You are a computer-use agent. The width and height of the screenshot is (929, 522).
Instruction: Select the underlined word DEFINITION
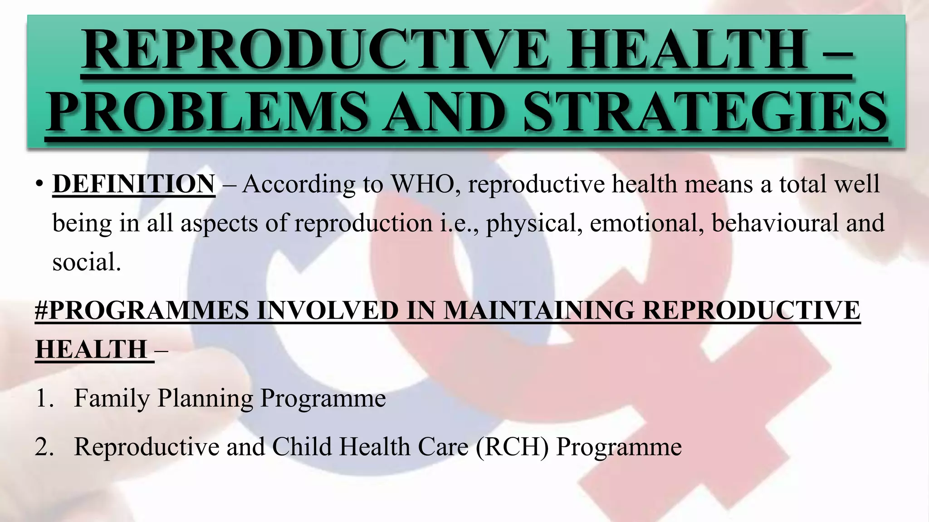pos(134,184)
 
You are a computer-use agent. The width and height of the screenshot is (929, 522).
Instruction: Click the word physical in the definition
pos(534,223)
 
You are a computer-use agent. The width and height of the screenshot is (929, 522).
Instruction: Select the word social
pos(87,262)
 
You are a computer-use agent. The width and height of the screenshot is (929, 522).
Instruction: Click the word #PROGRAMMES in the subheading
pos(142,310)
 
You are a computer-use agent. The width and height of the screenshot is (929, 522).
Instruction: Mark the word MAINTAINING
pos(538,310)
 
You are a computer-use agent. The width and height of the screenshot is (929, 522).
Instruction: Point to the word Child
pos(302,447)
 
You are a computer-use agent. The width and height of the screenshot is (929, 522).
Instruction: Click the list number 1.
pos(44,398)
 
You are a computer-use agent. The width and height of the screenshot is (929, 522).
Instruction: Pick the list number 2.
pos(44,447)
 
